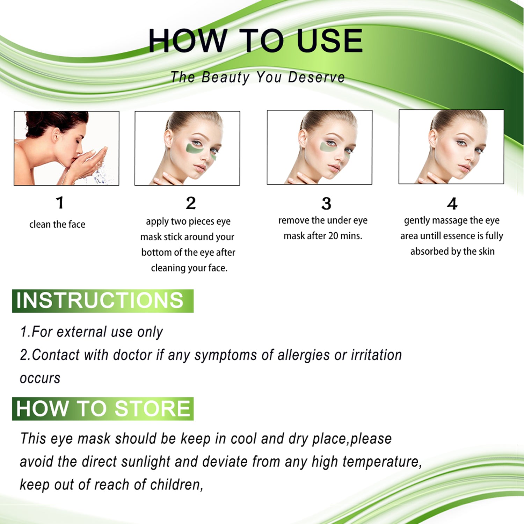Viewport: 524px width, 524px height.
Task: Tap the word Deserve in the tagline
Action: point(316,77)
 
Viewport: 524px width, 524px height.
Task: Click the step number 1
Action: point(60,203)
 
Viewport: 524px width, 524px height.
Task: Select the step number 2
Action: point(191,203)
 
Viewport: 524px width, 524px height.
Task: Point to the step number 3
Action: point(326,204)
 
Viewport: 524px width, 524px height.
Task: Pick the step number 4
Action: point(452,204)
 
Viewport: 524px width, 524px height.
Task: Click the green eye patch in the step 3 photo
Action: point(327,147)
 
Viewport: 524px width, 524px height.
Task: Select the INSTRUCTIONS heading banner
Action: point(103,300)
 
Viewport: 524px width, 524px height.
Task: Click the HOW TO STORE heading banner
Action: point(103,408)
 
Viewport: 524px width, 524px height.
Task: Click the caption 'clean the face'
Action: point(57,224)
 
